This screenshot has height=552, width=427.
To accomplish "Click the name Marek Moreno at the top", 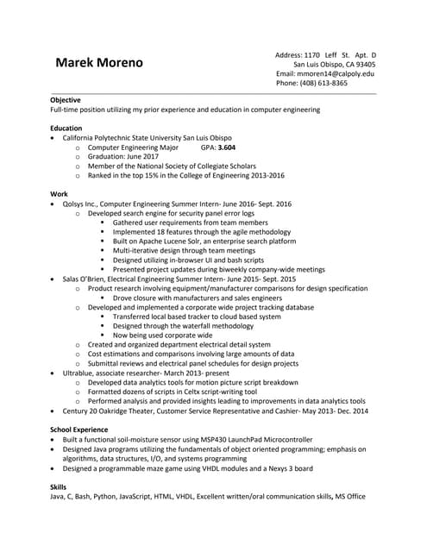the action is click(x=99, y=64).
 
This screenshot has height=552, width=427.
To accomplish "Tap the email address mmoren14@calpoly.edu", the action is click(x=337, y=73).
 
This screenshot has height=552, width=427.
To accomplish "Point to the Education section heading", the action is click(x=66, y=128).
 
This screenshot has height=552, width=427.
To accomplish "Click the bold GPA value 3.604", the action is click(x=227, y=147).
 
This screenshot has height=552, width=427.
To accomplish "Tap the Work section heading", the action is click(x=59, y=194).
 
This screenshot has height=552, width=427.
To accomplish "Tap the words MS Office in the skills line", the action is click(x=351, y=497).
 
